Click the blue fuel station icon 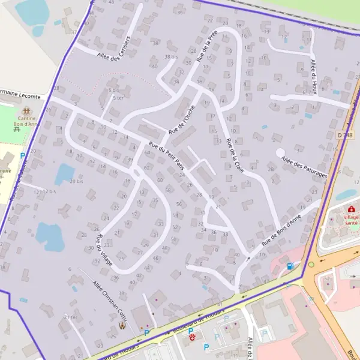coord(290,266)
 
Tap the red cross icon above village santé coord(350,209)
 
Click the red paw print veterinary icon coord(192,338)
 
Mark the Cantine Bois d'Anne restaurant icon coord(26,110)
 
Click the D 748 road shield coord(343,136)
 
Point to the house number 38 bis coord(171,57)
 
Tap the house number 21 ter coord(70,317)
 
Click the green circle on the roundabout coord(311,264)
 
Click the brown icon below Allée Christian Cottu coord(123,326)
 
